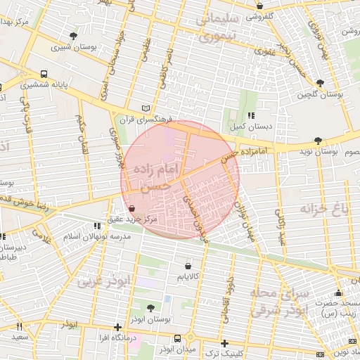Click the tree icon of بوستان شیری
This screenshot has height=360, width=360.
click(74, 36)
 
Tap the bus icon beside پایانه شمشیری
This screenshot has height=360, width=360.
click(44, 73)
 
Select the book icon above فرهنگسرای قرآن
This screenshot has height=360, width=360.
click(146, 108)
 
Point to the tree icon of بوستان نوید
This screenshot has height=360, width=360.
click(319, 141)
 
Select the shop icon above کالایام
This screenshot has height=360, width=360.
click(188, 266)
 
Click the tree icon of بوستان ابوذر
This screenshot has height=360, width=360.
click(151, 307)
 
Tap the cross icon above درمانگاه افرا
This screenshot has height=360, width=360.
click(117, 327)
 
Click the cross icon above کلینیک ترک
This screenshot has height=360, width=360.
click(224, 343)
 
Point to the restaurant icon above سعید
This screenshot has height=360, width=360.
click(19, 326)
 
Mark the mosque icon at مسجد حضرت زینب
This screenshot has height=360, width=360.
click(339, 292)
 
